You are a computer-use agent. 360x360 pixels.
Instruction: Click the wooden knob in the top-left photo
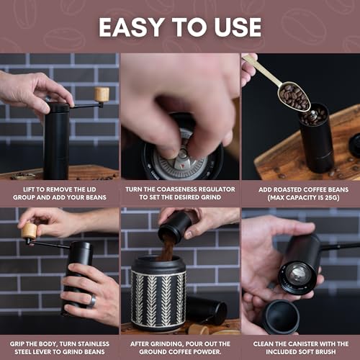click(x=102, y=94)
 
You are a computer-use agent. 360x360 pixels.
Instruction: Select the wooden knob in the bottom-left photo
click(x=29, y=230)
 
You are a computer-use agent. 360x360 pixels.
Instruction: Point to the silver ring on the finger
click(x=91, y=301)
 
